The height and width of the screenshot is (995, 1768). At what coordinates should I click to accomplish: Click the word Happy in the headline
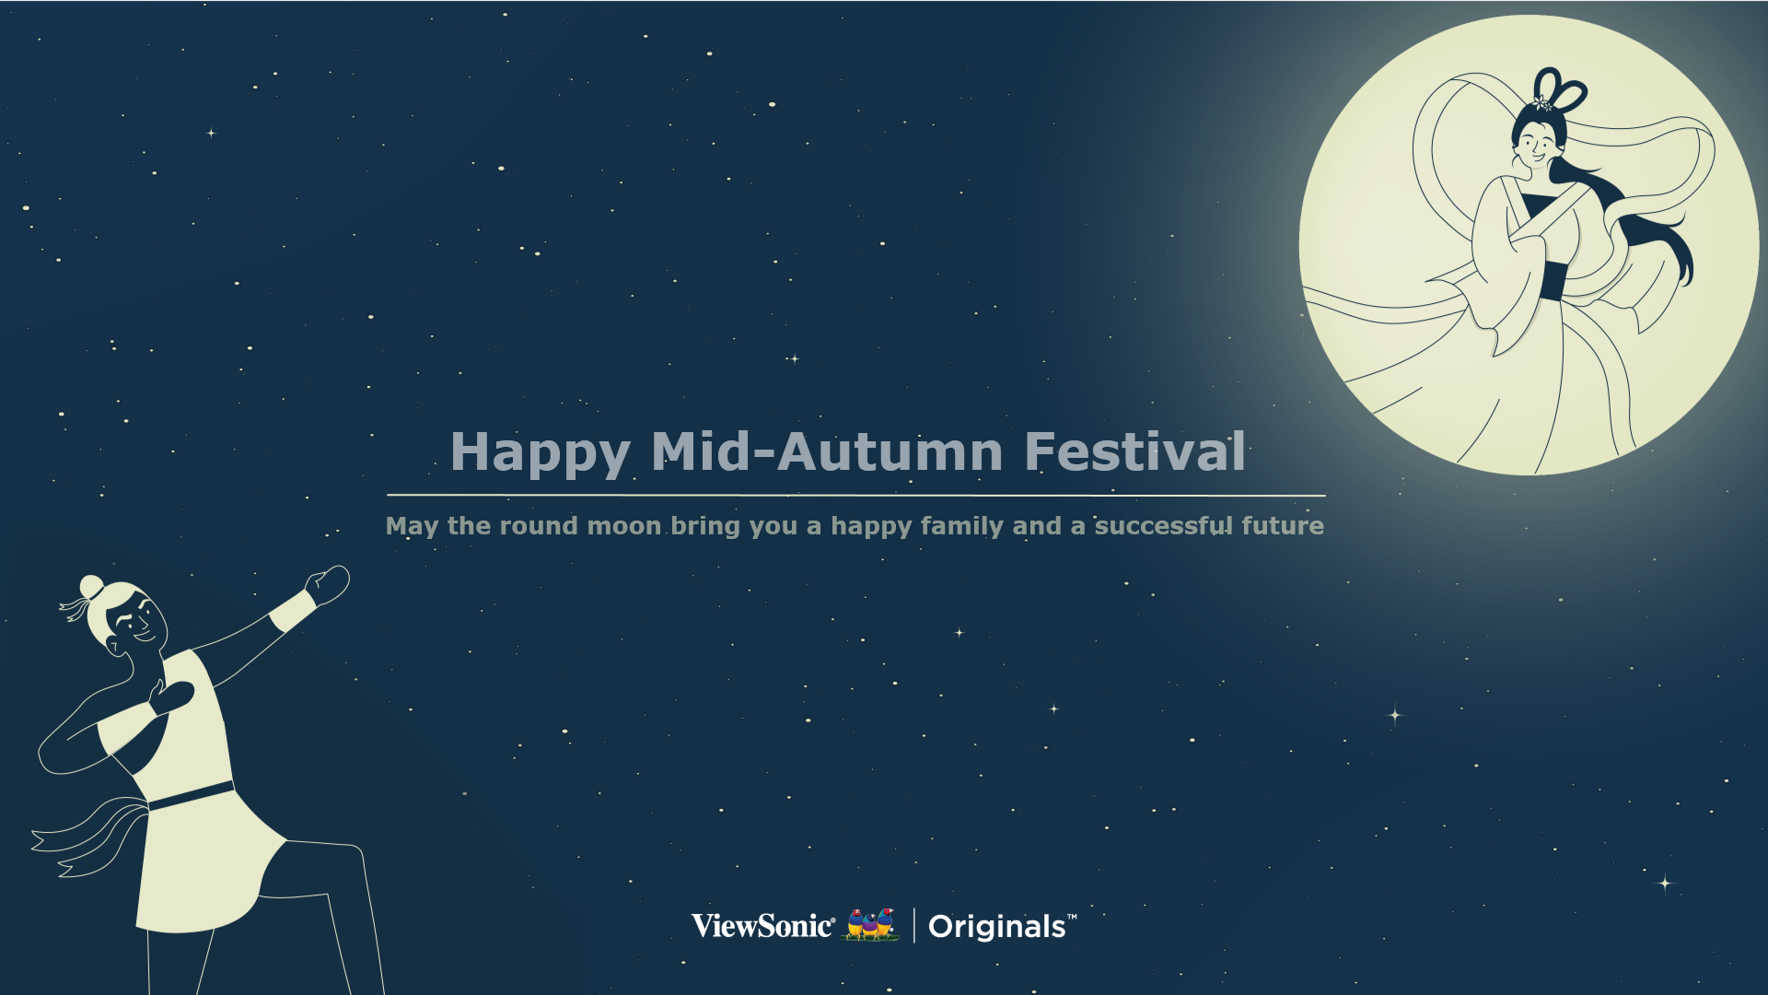[x=541, y=453]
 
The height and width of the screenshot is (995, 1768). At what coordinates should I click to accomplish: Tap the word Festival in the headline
[x=1135, y=451]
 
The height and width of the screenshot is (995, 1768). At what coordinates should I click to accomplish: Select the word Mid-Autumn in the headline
[x=827, y=451]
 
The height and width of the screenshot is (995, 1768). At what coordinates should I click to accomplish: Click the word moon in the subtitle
[x=624, y=526]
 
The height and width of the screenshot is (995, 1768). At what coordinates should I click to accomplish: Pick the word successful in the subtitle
[x=1163, y=525]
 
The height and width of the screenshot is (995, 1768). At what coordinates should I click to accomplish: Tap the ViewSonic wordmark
[x=763, y=926]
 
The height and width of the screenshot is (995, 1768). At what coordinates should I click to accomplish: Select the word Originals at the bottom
[x=997, y=927]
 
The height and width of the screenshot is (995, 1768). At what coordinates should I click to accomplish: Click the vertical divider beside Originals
[x=913, y=926]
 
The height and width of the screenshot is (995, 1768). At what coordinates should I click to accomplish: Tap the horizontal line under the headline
[x=856, y=496]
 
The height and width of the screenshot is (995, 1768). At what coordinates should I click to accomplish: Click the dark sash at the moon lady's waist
[x=1551, y=281]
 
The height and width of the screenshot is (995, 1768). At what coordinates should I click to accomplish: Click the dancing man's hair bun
[x=92, y=587]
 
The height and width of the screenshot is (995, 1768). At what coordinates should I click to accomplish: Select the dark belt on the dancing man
[x=191, y=797]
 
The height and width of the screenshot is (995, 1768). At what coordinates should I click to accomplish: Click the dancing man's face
[x=141, y=623]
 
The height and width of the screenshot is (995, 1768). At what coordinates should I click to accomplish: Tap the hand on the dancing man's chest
[x=172, y=697]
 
